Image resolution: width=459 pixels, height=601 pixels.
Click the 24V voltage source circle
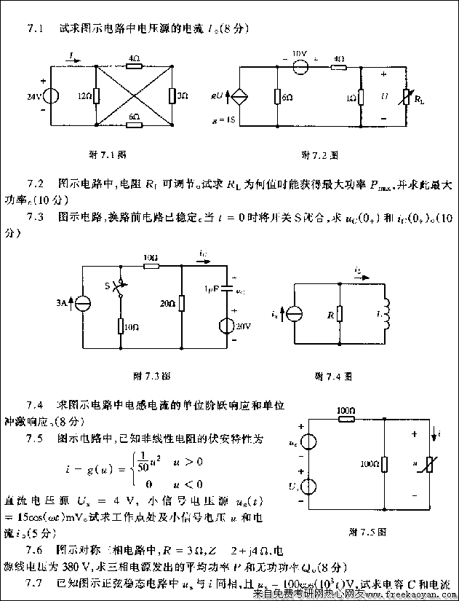pyautogui.click(x=53, y=95)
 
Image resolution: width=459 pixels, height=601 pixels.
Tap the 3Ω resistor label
pyautogui.click(x=183, y=95)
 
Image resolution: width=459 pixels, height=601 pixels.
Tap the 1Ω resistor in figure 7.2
pyautogui.click(x=362, y=97)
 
